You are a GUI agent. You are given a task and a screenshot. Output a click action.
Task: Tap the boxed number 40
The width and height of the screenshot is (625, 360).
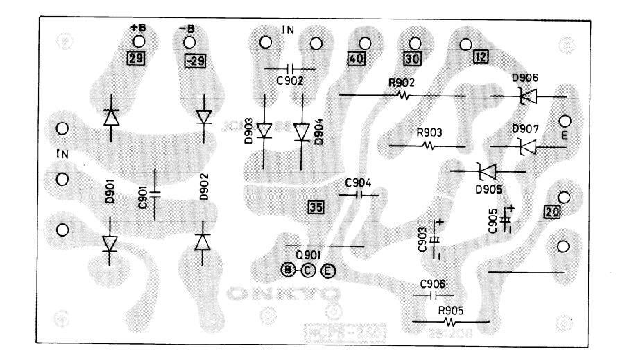(355, 59)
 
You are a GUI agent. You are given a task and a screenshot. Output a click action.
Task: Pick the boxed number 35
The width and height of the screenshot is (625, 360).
(316, 207)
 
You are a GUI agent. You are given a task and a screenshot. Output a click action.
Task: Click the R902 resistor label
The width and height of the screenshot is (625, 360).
(402, 83)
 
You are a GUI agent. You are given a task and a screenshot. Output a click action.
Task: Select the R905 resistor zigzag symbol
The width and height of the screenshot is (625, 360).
(451, 322)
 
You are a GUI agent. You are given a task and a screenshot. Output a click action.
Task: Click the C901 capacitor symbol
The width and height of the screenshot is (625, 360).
(154, 191)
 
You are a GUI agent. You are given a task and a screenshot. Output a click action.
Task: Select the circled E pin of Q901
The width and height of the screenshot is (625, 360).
(328, 270)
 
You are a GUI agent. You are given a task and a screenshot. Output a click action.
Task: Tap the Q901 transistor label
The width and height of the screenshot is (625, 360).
(307, 254)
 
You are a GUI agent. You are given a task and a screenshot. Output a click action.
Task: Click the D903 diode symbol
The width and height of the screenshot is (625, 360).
(264, 130)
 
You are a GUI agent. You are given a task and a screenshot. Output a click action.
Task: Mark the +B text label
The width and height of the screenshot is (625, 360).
(136, 29)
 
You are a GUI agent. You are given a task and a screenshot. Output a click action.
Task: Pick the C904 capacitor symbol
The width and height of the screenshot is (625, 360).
(359, 196)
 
